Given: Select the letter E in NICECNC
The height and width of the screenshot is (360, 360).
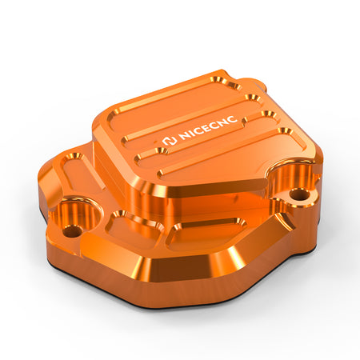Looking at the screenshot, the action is [210, 127].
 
